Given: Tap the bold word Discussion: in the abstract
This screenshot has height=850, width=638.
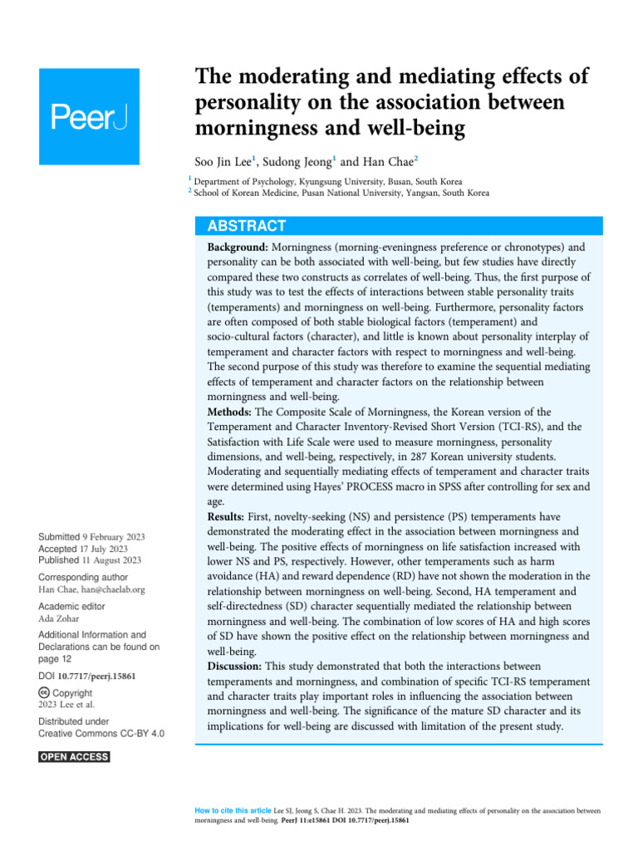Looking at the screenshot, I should click(x=236, y=667).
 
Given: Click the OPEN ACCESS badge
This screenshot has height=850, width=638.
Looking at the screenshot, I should click(x=74, y=757).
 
